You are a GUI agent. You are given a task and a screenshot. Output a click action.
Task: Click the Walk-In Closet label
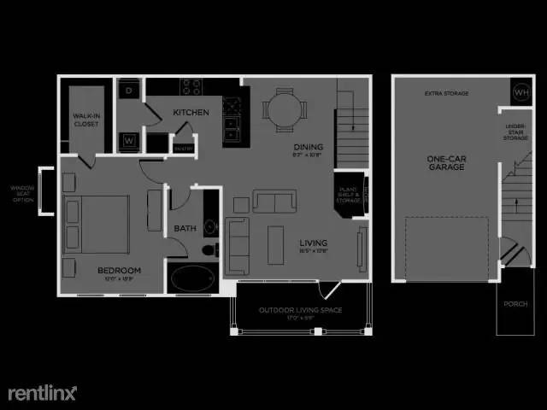pos(85,120)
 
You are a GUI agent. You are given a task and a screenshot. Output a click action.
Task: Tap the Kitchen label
pos(191,112)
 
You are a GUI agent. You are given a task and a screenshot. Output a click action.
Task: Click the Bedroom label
pos(119,271)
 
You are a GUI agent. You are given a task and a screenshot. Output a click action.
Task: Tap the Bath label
pos(185,228)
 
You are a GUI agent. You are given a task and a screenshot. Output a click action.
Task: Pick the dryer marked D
pos(128,90)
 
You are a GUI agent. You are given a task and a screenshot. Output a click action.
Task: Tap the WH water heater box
pos(521,91)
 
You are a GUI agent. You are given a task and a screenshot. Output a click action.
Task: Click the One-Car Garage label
pos(447,162)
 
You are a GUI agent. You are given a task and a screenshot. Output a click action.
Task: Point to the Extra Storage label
pos(446,93)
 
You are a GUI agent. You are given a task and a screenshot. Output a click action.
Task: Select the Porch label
pos(515,303)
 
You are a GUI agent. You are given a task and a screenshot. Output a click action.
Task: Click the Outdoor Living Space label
pos(300,310)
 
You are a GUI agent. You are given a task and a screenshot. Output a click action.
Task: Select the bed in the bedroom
pos(95,223)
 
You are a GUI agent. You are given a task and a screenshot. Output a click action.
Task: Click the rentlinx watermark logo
pos(43,392)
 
